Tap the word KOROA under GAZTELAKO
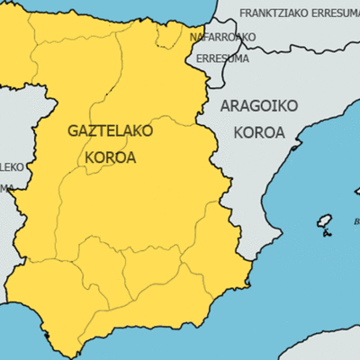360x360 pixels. pyautogui.click(x=111, y=157)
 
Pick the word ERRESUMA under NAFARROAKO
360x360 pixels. pyautogui.click(x=222, y=58)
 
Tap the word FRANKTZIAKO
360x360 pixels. pyautogui.click(x=279, y=13)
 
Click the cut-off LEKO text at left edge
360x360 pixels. pyautogui.click(x=11, y=166)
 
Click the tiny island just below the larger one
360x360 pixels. pyautogui.click(x=317, y=238)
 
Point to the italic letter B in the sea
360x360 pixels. pyautogui.click(x=356, y=220)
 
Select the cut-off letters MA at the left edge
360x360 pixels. pyautogui.click(x=5, y=187)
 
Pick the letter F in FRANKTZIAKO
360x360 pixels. pyautogui.click(x=245, y=13)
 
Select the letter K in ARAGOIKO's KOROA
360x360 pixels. pyautogui.click(x=238, y=132)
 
